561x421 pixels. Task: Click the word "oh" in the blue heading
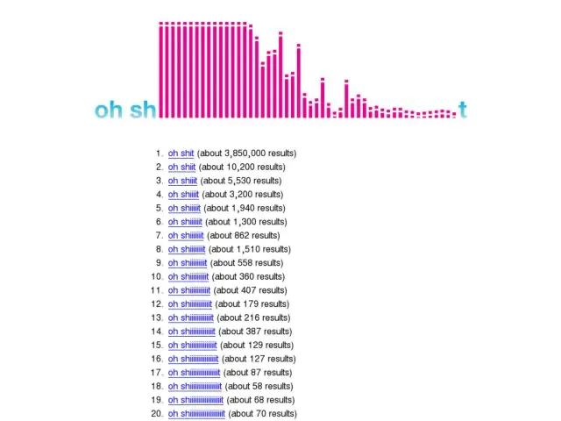109,110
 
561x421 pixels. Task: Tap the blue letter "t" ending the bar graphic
462,111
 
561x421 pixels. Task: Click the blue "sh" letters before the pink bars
143,110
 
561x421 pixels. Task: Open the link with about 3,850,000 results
181,153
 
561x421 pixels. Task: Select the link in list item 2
181,167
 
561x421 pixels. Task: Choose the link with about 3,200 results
184,194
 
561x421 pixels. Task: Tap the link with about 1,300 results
186,222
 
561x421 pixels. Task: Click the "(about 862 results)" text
243,235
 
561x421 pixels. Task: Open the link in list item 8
187,249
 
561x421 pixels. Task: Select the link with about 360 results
188,276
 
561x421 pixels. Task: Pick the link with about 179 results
190,303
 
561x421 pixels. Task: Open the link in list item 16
194,359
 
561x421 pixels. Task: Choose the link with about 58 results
195,386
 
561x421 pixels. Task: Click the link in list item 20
197,414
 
